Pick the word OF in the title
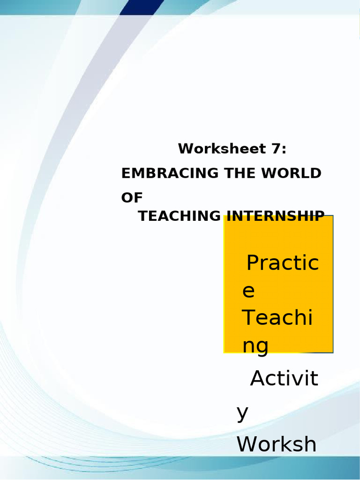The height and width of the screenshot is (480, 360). [x=131, y=198]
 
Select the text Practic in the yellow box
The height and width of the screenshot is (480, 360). [x=282, y=264]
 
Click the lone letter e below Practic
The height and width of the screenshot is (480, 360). [x=248, y=292]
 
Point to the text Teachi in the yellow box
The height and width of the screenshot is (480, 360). [x=277, y=318]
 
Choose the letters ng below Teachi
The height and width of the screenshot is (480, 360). [x=255, y=346]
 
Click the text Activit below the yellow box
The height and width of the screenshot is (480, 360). [x=284, y=379]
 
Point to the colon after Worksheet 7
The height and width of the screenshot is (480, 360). [x=283, y=150]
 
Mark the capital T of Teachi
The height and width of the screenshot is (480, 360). [x=249, y=318]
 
